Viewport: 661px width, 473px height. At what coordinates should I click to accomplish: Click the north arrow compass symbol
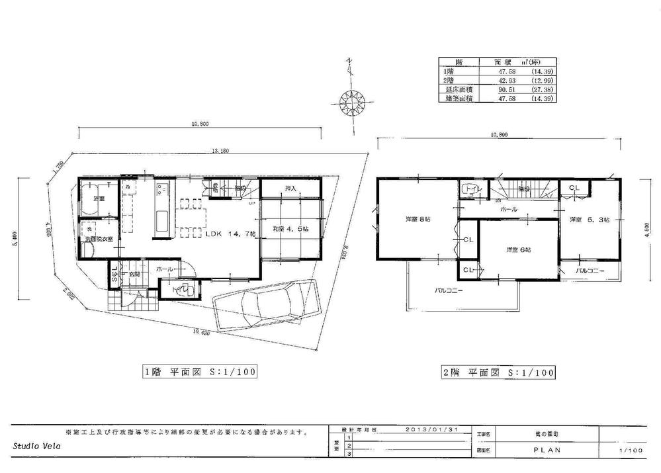(x=353, y=102)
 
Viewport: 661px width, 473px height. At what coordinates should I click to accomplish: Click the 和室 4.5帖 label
(x=290, y=229)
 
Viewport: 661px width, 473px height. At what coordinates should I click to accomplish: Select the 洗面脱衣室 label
(x=97, y=239)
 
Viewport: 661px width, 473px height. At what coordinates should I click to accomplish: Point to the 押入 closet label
(x=290, y=189)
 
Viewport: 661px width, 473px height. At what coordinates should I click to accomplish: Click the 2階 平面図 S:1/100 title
(x=498, y=372)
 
